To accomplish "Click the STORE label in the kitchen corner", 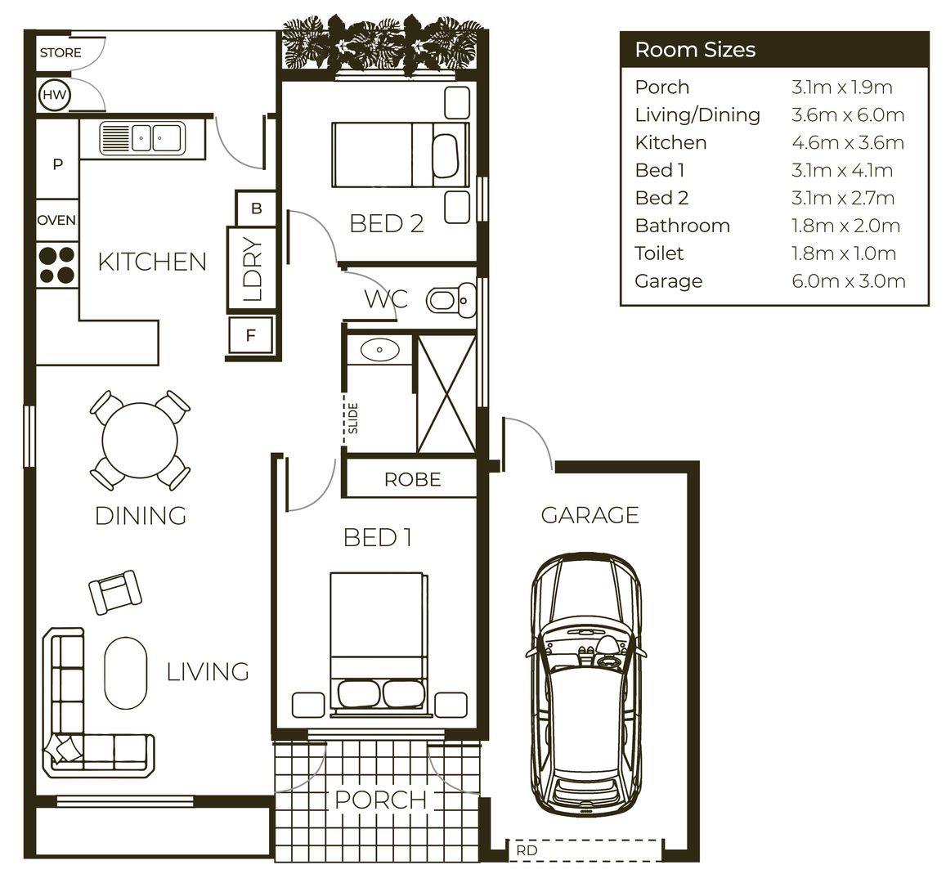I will click(x=61, y=53).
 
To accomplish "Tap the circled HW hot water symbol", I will click(x=55, y=96).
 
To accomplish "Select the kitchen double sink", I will click(x=143, y=137).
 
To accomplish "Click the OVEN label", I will click(x=56, y=220).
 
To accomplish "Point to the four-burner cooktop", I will click(x=56, y=265).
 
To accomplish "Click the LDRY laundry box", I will click(x=252, y=269).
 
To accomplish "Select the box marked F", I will click(x=251, y=335).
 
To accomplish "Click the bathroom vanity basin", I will click(x=380, y=351).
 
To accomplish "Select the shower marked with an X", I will click(x=446, y=393).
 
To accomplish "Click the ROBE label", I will click(x=412, y=479).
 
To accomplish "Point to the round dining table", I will click(x=140, y=441).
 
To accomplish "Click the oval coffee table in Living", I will click(x=126, y=673).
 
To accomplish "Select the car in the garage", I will click(x=585, y=683).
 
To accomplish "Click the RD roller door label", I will click(x=527, y=850).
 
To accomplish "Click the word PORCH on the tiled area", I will click(x=381, y=799).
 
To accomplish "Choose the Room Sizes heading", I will click(x=695, y=50).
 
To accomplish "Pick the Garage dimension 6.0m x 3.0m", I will click(x=848, y=281).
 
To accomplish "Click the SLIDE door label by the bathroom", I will click(x=353, y=418).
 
